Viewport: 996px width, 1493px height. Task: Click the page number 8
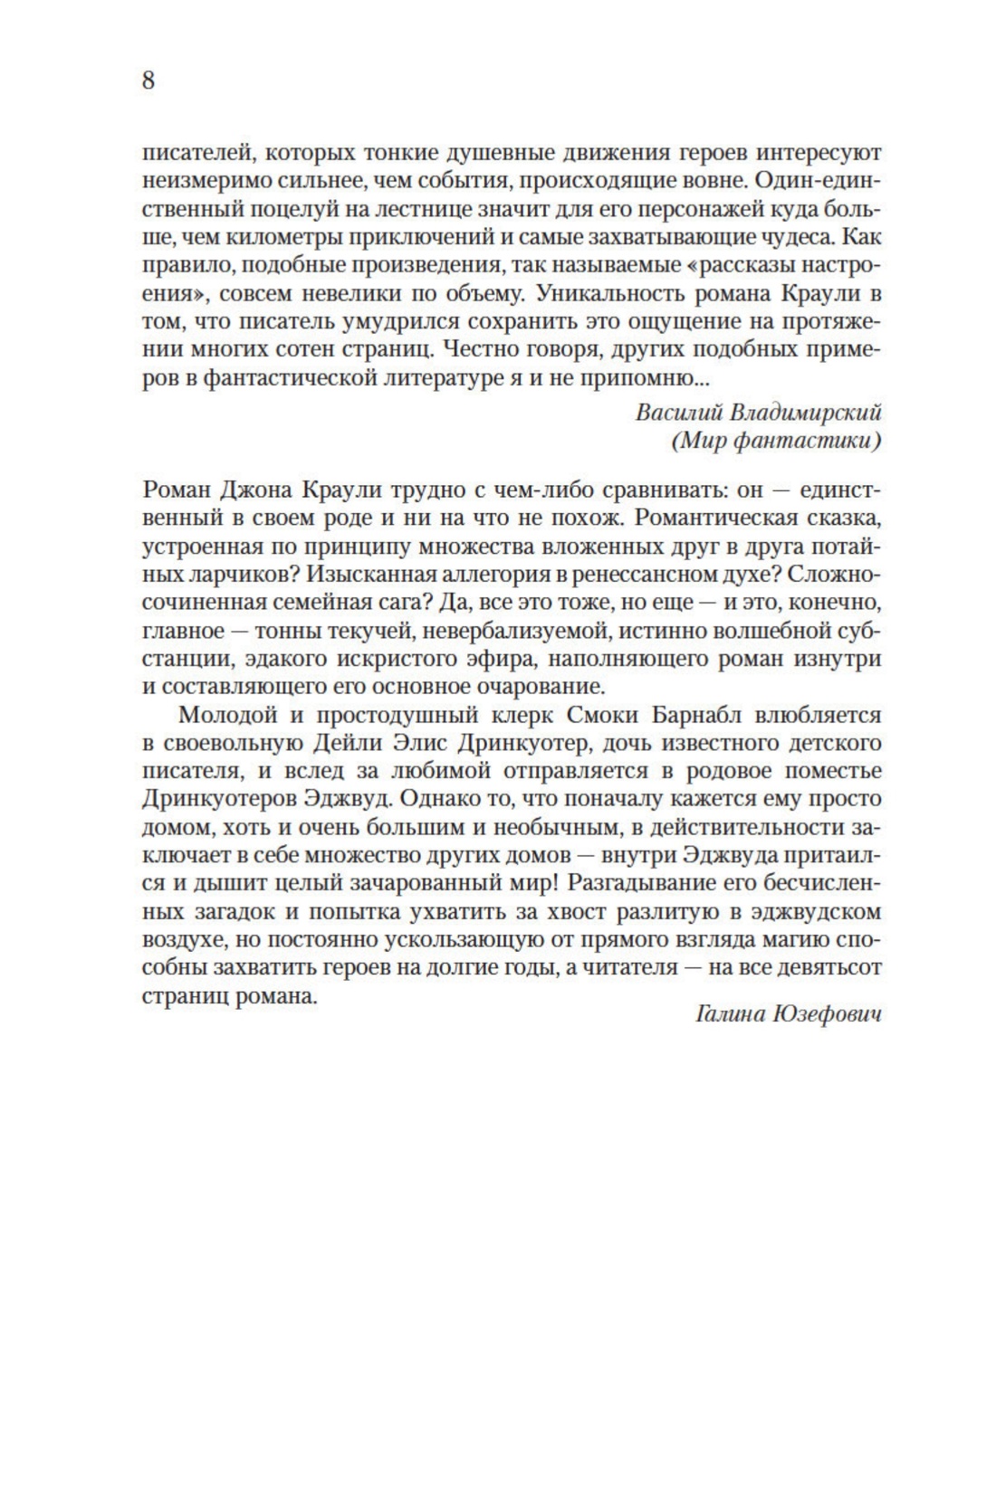click(148, 81)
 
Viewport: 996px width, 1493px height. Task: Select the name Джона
click(254, 490)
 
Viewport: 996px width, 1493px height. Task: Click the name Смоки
click(604, 715)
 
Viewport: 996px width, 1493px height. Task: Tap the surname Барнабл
click(695, 715)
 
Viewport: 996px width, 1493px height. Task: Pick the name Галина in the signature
click(728, 1014)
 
